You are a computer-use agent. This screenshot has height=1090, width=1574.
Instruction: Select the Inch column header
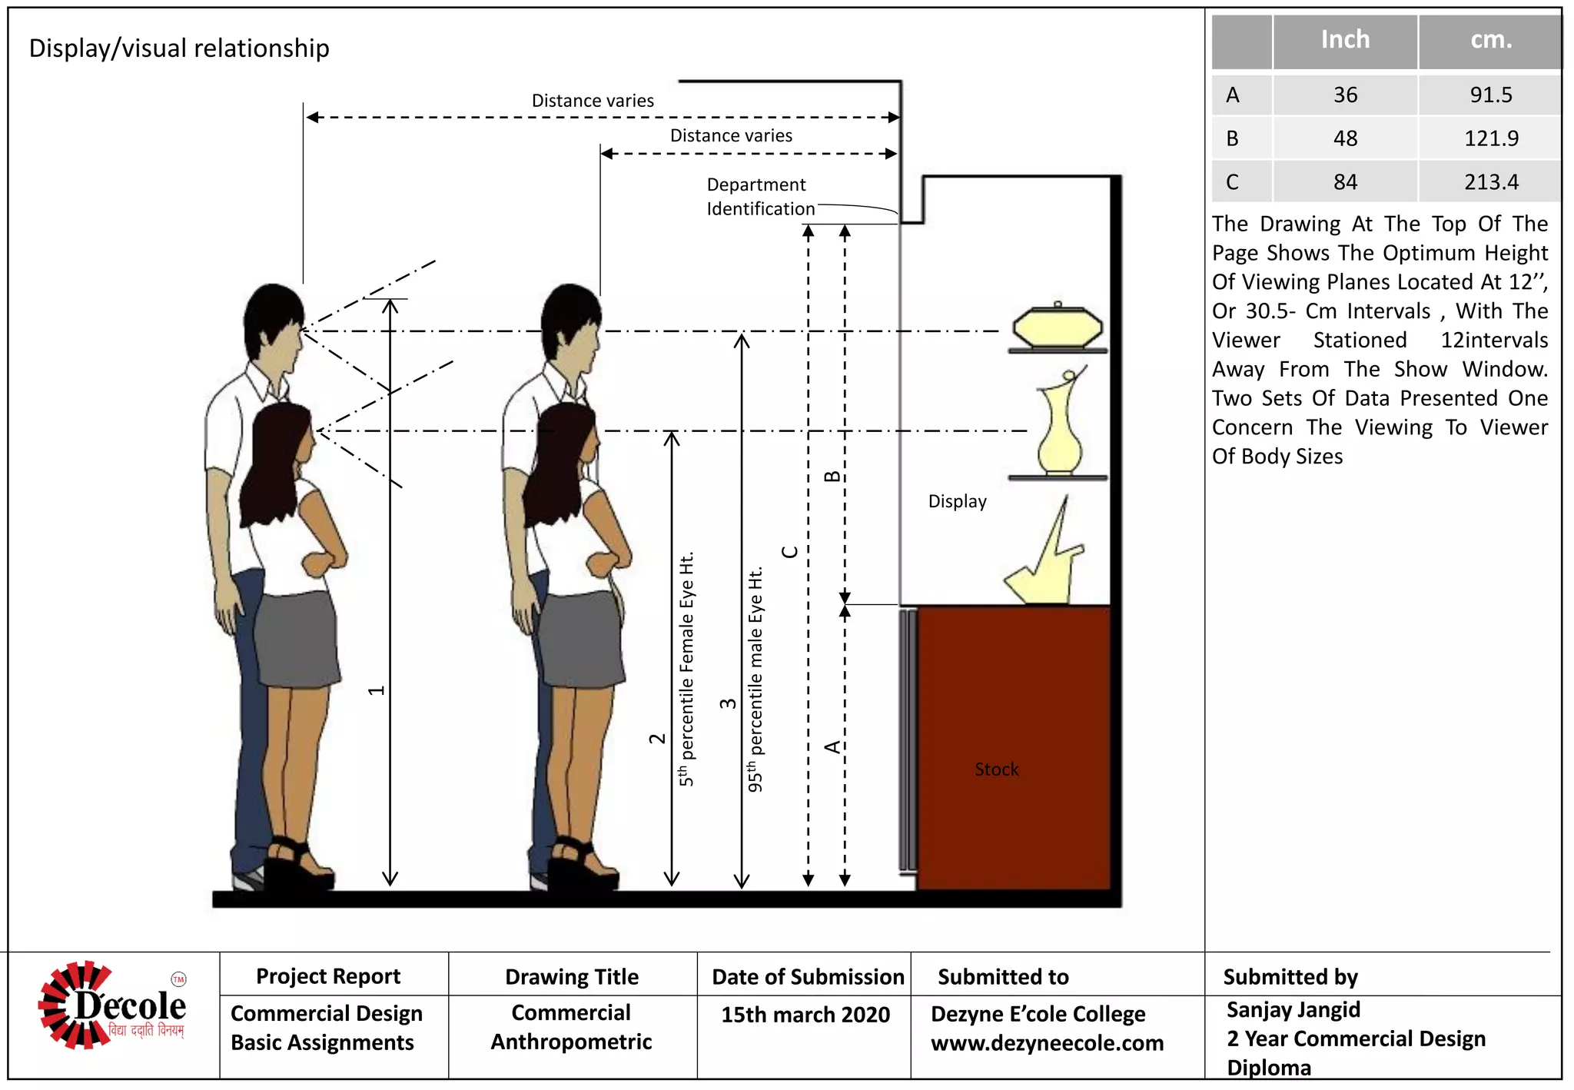tap(1344, 40)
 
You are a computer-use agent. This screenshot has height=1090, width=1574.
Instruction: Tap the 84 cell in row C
tap(1344, 182)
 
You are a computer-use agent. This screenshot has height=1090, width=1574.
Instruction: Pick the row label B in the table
tap(1232, 139)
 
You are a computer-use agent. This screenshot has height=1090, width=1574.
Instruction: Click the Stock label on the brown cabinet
tap(996, 769)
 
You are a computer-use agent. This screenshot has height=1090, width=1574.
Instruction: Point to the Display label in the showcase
tap(957, 502)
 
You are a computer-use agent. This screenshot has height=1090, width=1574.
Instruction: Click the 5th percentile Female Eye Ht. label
tap(686, 669)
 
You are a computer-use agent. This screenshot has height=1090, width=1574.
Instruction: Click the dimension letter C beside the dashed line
tap(789, 553)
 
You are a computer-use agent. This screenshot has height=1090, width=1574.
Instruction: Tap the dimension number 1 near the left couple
tap(376, 690)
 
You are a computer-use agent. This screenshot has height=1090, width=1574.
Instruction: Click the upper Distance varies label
tap(593, 101)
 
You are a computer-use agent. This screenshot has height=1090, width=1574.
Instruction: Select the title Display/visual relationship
tap(179, 48)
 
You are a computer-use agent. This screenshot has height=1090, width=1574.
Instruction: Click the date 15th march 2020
tap(805, 1015)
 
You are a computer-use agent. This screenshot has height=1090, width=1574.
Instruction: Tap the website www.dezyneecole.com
tap(1047, 1044)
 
